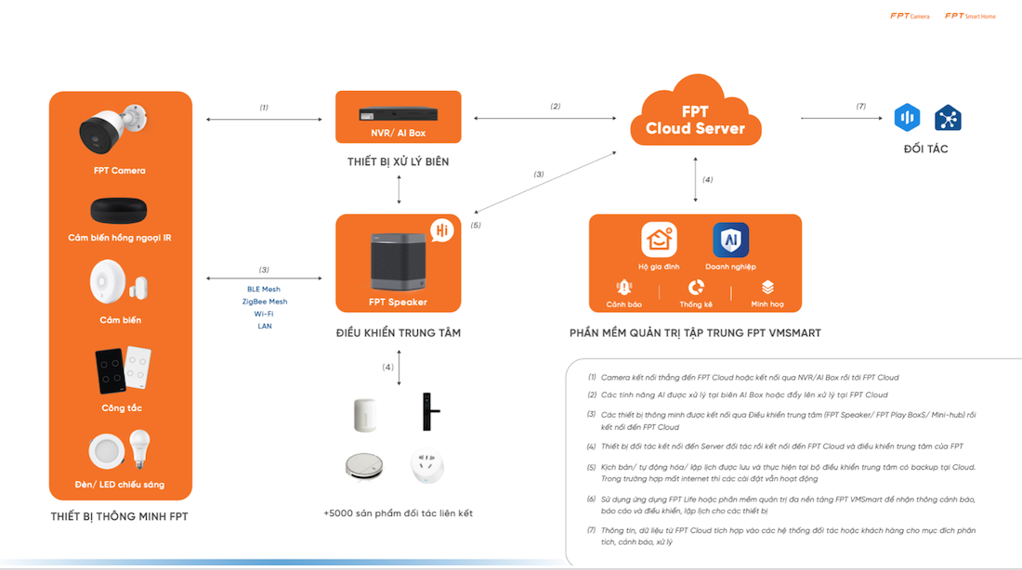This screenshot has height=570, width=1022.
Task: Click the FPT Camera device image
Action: (114, 131)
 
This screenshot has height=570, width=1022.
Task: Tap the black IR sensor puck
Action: (120, 210)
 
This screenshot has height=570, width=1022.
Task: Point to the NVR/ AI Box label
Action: (398, 133)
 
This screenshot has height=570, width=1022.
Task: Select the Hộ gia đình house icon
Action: (659, 240)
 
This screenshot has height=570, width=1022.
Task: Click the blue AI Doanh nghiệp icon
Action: (730, 240)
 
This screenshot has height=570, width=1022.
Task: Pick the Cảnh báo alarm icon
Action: (624, 288)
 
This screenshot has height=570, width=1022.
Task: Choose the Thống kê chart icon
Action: (696, 288)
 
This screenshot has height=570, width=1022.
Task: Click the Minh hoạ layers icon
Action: (767, 288)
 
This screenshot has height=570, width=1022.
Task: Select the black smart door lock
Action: (428, 409)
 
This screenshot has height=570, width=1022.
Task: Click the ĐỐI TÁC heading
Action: (925, 149)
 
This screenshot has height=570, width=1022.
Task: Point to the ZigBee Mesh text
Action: (265, 302)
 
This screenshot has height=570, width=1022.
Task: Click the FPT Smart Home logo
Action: (970, 16)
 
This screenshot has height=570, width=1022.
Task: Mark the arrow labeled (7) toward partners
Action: (842, 118)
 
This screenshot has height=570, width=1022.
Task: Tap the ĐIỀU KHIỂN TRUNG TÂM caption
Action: (398, 332)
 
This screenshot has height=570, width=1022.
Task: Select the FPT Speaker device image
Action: (398, 259)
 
